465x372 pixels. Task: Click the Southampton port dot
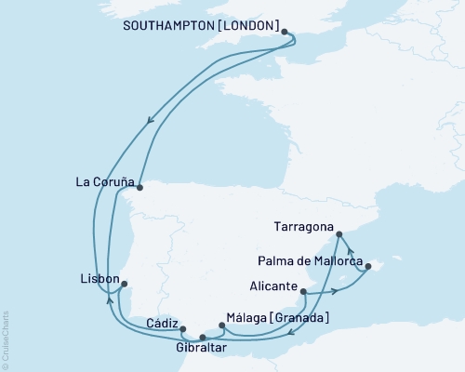coord(285,31)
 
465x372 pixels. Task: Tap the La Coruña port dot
coord(139,186)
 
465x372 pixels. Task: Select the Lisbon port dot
coord(126,284)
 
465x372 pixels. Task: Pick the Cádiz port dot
coord(183,329)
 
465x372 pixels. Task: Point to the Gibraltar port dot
coord(203,338)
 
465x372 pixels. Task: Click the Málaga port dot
coord(221,325)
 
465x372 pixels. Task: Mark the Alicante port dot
coord(304,292)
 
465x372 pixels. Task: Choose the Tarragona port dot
coord(339,234)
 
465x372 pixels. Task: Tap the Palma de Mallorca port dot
coord(369,267)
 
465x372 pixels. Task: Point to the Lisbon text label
coord(100,278)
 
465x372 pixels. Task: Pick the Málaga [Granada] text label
coord(278,317)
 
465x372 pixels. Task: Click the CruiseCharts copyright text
coord(6,339)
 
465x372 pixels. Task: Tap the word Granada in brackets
coord(298,317)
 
